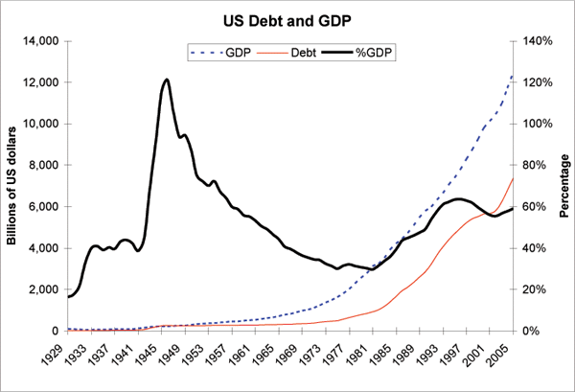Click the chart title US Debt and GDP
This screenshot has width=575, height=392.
(x=287, y=19)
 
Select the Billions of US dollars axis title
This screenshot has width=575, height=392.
(x=12, y=185)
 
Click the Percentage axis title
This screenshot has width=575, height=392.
(x=564, y=186)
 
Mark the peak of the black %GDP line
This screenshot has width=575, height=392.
(x=167, y=80)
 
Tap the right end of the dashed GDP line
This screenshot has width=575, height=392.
(x=514, y=76)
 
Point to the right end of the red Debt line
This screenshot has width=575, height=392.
(x=514, y=178)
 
